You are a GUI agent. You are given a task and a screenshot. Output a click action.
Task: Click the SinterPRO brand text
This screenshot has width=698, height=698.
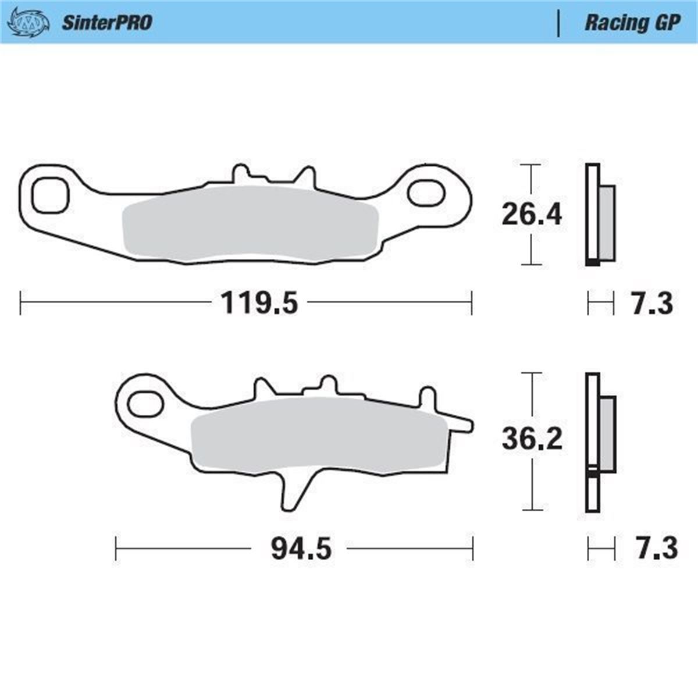[107, 23]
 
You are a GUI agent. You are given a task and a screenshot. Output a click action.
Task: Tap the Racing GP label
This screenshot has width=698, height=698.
[633, 23]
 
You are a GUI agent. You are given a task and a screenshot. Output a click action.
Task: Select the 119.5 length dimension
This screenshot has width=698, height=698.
[259, 303]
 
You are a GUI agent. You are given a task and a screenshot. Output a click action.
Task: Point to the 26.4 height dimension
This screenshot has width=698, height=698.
[532, 215]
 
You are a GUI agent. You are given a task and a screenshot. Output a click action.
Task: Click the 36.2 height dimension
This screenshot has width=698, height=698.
[532, 439]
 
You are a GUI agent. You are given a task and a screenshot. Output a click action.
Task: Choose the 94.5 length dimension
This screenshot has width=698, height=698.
[301, 549]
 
